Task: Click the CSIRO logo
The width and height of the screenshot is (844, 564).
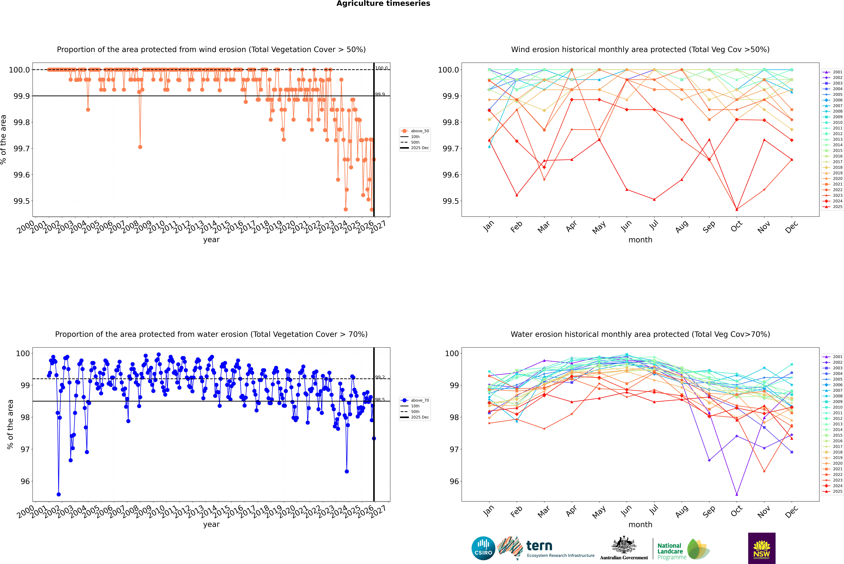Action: point(483,548)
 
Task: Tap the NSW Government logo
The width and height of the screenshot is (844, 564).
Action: point(762,548)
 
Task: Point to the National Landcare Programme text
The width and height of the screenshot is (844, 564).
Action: point(670,551)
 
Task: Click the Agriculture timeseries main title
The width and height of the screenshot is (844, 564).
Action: point(383,4)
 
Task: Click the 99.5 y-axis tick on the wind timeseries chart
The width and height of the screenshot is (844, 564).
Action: point(22,201)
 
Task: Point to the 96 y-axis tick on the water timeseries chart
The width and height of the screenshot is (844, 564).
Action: point(25,481)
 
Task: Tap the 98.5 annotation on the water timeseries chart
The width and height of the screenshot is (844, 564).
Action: point(380,400)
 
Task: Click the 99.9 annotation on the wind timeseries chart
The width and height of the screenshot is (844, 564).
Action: point(380,94)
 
